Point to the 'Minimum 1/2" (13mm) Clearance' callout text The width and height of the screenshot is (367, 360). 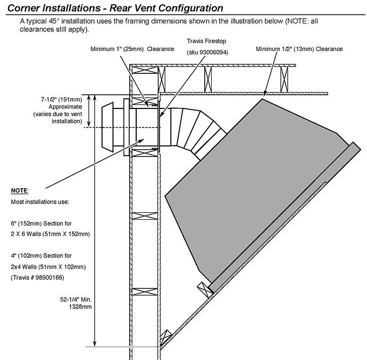pos(298,49)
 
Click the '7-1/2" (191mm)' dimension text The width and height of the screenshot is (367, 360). pos(62,99)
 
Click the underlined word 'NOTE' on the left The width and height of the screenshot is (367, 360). pos(20,190)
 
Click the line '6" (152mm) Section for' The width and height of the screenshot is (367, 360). pos(45,223)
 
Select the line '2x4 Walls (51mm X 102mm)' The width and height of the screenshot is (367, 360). pos(48,266)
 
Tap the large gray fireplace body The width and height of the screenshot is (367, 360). pos(255,181)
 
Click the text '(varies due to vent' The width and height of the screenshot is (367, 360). pos(57,114)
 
